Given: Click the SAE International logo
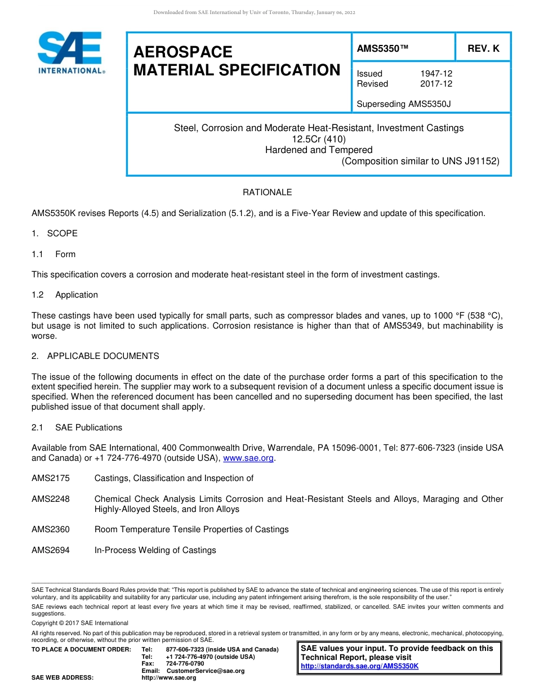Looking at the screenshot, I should [70, 52].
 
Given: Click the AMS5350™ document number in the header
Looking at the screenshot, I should [383, 49].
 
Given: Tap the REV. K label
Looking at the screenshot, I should [483, 49].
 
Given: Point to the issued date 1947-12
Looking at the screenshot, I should [436, 74].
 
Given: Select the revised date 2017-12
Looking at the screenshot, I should [436, 84].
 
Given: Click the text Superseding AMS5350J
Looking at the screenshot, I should [404, 104].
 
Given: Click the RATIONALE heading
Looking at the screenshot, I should [267, 192].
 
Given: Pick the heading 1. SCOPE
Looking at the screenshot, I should [55, 233].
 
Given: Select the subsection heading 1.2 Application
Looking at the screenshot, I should [65, 295].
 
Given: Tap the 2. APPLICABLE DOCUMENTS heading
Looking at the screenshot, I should [95, 356].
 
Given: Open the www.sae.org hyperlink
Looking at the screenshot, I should [248, 458].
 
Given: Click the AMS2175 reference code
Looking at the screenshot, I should [51, 478].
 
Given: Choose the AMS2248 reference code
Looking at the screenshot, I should [51, 499].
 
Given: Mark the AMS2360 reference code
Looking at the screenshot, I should [51, 529].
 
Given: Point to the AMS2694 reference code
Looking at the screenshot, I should [51, 550].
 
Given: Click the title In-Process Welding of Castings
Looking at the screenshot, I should [155, 550].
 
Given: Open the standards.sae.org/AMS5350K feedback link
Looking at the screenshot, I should [359, 666].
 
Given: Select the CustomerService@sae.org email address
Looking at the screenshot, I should [206, 671].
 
